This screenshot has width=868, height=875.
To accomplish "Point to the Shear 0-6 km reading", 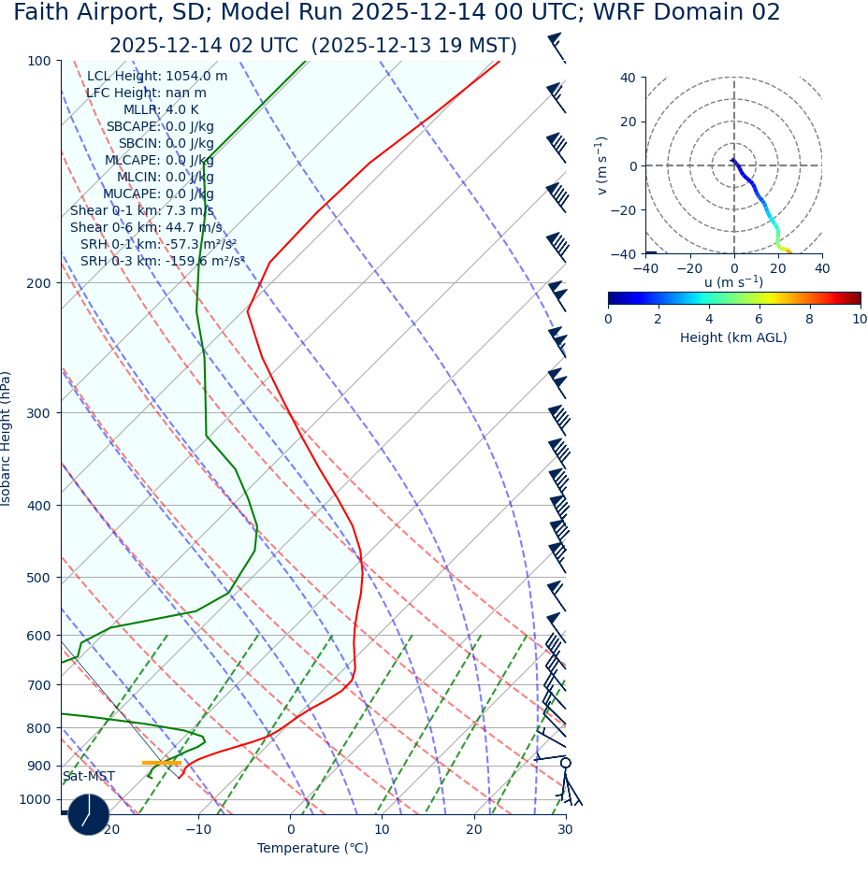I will pos(146,227).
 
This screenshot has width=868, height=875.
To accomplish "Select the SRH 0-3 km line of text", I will pos(162,261).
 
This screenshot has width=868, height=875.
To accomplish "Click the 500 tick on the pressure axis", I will pos(38,578).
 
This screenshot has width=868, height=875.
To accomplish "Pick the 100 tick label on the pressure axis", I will pos(38,61).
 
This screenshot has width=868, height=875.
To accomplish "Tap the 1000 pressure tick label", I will pos(35,799).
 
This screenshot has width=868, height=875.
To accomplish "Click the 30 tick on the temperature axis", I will pos(565,829).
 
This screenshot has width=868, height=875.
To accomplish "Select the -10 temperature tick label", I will pos(197,829).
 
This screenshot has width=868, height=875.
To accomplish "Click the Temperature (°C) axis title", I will pos(312,848).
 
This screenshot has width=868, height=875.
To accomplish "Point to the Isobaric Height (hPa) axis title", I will pos(7,438).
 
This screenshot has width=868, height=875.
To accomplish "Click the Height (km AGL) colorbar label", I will pos(733,337).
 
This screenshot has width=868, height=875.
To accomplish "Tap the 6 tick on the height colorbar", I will pos(759,319).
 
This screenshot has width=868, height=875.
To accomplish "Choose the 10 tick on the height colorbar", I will pos(860,319).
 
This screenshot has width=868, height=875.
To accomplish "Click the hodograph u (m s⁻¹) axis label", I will pos(733,281).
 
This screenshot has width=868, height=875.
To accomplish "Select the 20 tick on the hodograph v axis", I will pos(628,122).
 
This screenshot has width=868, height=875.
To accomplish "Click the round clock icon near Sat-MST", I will pos(89,814).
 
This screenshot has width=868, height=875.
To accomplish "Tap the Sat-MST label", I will pos(89,776).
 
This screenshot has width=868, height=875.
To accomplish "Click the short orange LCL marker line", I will pos(161,763).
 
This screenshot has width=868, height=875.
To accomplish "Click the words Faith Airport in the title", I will pos(80,13).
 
